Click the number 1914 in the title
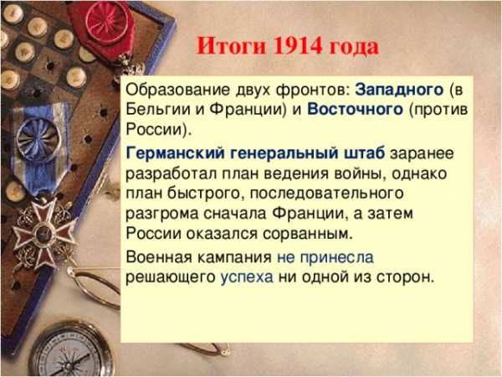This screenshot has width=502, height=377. [298, 46]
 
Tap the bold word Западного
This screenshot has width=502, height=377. [399, 90]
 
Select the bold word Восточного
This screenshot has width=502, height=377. [355, 109]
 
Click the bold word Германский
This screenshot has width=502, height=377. [176, 153]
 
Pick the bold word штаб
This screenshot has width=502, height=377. [364, 153]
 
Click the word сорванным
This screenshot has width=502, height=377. [307, 234]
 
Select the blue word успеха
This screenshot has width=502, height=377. [247, 277]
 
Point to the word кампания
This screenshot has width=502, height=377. [234, 257]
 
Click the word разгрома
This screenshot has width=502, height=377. [162, 214]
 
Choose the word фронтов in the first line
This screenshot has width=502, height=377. [312, 90]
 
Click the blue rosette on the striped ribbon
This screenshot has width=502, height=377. [38, 136]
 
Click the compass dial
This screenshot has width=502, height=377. [71, 351]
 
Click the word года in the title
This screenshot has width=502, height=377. [354, 47]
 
